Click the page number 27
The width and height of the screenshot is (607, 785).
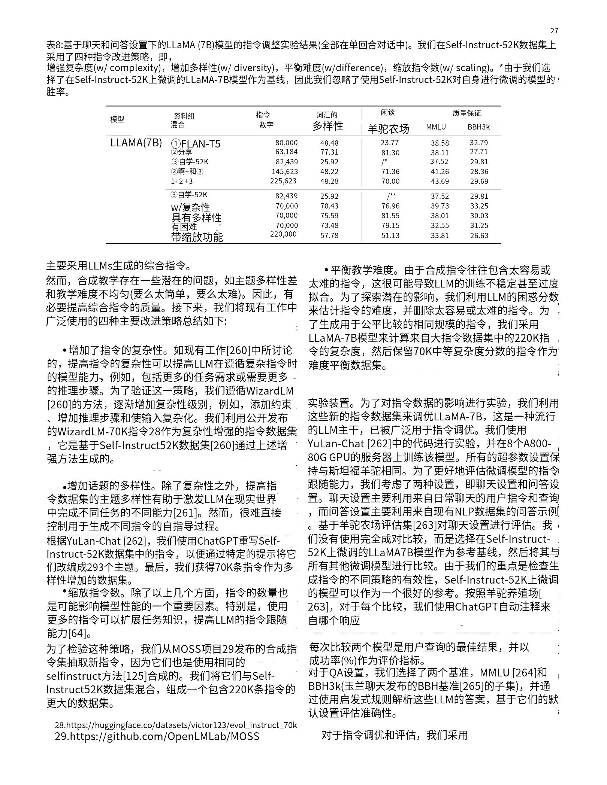(554, 31)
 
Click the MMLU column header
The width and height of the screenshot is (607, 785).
(436, 127)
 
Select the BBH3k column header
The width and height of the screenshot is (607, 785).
(478, 127)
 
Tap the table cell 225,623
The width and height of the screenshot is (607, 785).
(283, 181)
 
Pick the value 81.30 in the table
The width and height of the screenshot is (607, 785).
(390, 153)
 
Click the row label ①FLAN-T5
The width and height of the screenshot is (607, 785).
(196, 144)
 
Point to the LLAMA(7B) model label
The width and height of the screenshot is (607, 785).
(136, 143)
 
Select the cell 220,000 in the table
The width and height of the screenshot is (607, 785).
(283, 234)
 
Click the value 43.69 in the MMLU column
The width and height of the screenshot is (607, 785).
(440, 181)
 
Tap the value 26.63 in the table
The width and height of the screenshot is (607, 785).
(479, 235)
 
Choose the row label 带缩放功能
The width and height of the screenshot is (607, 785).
(197, 237)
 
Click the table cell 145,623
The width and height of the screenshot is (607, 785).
(285, 172)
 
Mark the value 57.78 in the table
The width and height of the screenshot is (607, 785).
(329, 235)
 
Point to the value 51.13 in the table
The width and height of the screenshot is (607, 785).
(390, 235)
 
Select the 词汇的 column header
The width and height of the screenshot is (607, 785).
(327, 115)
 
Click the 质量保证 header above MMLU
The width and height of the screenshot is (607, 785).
(466, 113)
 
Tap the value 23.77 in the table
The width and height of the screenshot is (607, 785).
(390, 143)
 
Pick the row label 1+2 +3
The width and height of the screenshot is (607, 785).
(182, 181)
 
